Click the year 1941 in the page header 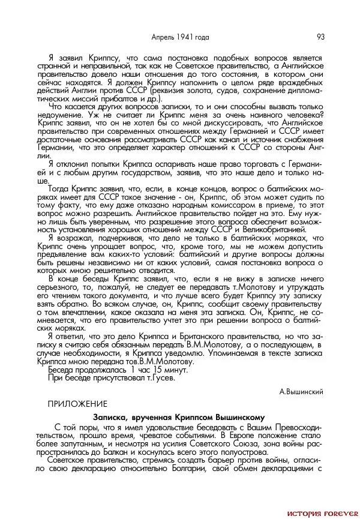(x=184, y=37)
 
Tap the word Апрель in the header (x=163, y=37)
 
